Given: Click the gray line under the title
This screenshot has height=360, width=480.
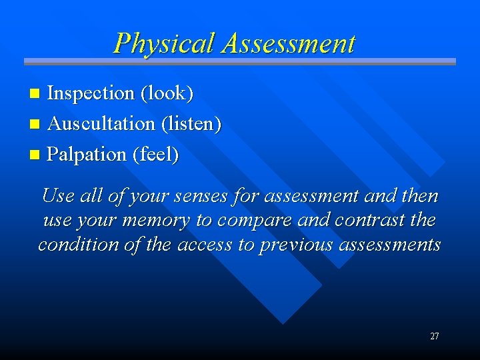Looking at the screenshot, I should pos(240,62).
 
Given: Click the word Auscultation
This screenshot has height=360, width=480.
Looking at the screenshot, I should pos(101,124).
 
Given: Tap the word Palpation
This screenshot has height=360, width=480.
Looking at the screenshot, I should pos(87,155).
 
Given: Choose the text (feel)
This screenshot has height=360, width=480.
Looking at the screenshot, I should pos(156,155).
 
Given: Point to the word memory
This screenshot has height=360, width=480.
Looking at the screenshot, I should pos(158,221).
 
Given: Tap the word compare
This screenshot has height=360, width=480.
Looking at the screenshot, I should pos(248,221).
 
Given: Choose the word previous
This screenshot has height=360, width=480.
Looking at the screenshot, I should pos(297,245).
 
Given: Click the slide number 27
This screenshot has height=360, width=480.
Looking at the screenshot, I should pos(434,337).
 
